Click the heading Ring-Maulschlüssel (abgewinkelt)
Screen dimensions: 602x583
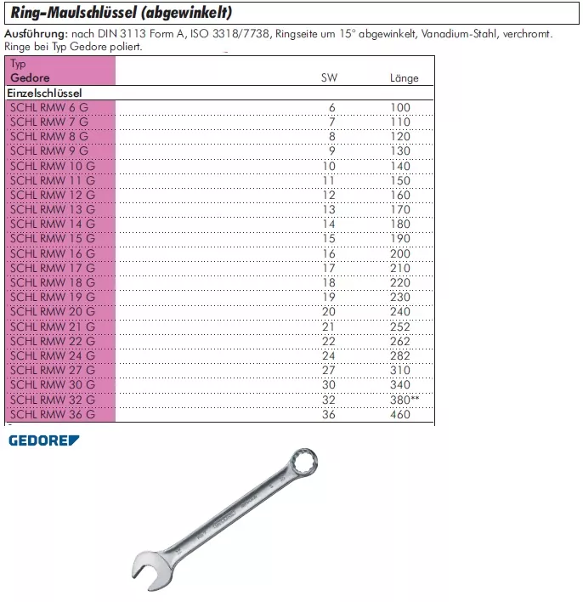point(120,14)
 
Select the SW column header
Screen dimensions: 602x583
point(328,78)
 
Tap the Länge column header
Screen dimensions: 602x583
point(404,78)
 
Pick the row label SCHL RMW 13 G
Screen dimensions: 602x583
point(51,209)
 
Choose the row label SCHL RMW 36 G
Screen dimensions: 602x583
point(51,415)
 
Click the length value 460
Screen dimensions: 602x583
point(399,415)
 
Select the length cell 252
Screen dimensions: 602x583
point(399,327)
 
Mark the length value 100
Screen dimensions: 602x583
point(399,107)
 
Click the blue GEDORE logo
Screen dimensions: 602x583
point(43,440)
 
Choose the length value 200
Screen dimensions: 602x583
point(399,253)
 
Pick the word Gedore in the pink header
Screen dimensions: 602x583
point(30,78)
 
